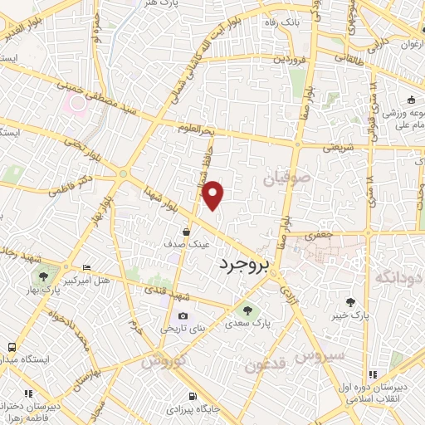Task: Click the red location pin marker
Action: pyautogui.click(x=214, y=195)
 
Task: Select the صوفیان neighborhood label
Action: pyautogui.click(x=286, y=178)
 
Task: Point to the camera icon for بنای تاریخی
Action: pyautogui.click(x=183, y=316)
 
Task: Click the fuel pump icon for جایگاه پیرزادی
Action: pyautogui.click(x=193, y=397)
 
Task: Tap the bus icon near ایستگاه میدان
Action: pyautogui.click(x=12, y=347)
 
